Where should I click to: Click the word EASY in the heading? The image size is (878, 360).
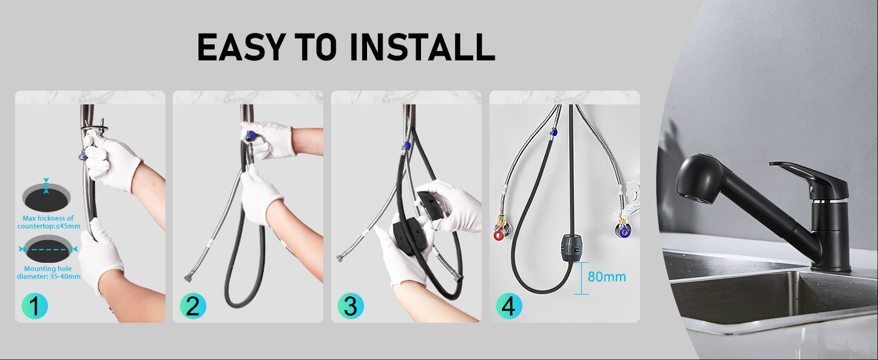pos(241,47)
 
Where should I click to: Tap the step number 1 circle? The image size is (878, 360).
pos(35,306)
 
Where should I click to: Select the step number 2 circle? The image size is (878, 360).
pos(193,306)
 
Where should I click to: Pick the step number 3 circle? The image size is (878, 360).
pos(351,306)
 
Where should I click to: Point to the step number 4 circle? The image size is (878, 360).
pos(509,306)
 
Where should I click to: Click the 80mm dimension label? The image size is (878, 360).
pos(607,277)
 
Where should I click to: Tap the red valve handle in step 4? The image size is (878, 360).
pos(499,235)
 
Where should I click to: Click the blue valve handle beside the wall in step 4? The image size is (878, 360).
pos(624,233)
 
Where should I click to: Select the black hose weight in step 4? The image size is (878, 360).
pos(571,248)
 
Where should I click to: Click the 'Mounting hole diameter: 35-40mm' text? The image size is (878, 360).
pos(49,272)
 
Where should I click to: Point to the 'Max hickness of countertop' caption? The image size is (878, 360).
pos(49,222)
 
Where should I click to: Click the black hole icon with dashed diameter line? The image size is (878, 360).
pos(48,250)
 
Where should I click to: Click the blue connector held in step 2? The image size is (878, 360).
pos(250,137)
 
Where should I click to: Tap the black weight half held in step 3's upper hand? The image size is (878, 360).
pos(431,205)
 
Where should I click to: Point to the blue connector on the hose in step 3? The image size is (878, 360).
pos(407,146)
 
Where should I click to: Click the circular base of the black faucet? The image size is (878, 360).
pos(831,268)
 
